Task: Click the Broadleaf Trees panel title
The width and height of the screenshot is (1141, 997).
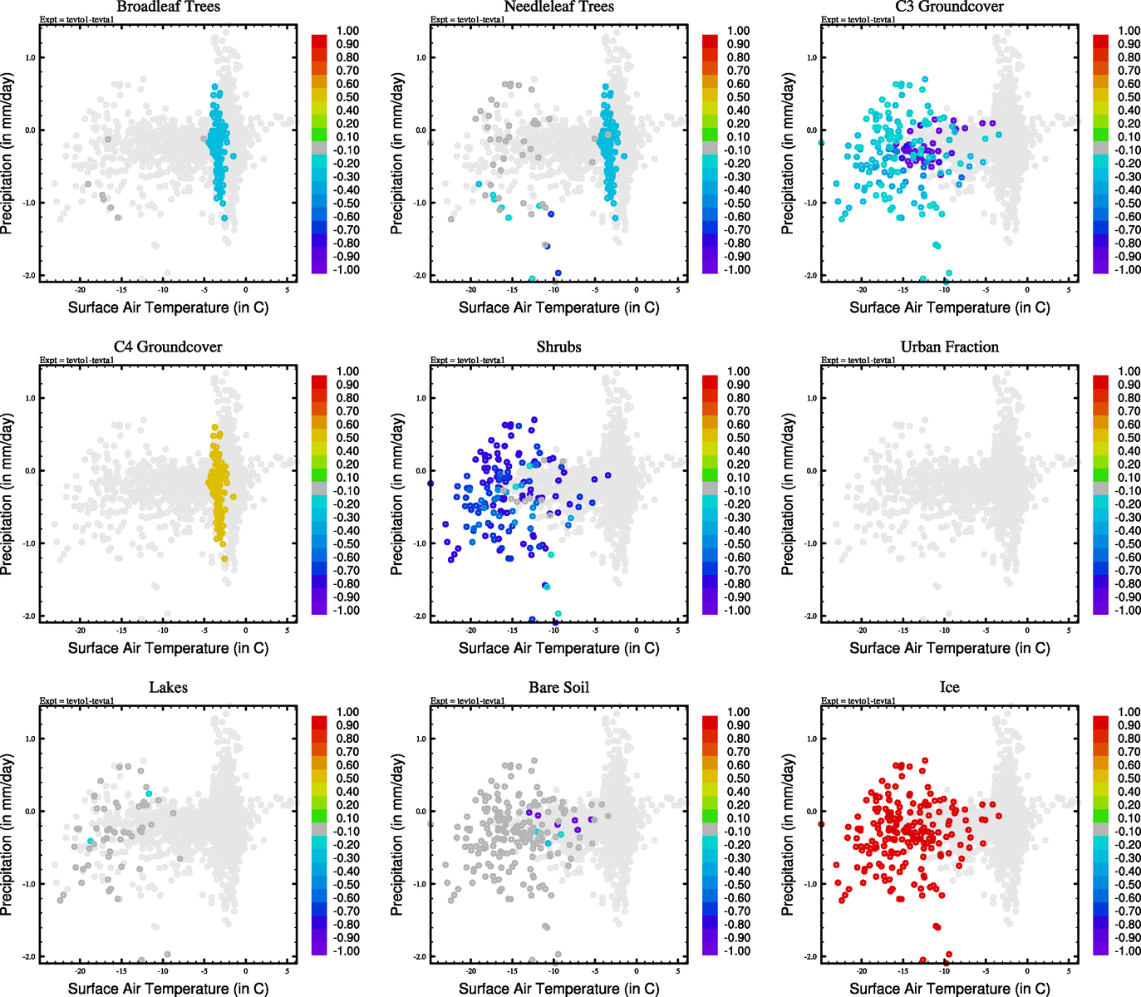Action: [x=168, y=7]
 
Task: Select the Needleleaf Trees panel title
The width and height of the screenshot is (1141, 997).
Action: [x=558, y=7]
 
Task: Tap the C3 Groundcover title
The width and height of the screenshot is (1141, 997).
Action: [x=949, y=7]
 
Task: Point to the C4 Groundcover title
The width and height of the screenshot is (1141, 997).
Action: [x=168, y=346]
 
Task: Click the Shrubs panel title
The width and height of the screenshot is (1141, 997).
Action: [x=558, y=346]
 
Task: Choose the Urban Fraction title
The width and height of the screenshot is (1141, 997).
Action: [x=949, y=346]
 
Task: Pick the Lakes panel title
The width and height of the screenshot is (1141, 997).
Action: [x=168, y=687]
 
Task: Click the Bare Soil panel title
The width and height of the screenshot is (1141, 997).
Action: [x=558, y=687]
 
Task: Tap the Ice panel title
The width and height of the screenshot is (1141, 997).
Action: [x=949, y=687]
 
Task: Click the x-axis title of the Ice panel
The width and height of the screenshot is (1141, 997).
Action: [x=949, y=988]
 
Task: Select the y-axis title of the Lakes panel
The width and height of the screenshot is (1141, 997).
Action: [x=7, y=834]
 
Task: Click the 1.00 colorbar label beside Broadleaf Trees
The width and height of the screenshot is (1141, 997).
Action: [x=347, y=31]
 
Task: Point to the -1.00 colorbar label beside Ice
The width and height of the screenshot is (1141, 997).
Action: [x=1128, y=950]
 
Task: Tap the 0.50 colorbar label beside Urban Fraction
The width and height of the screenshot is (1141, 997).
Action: [x=1129, y=438]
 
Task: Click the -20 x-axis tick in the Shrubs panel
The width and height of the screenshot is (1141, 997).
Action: [x=471, y=631]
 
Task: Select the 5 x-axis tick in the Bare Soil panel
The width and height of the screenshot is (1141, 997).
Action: [x=678, y=971]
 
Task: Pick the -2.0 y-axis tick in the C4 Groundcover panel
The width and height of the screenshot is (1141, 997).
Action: [x=29, y=616]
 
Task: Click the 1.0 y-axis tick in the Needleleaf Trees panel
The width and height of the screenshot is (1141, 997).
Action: [x=420, y=57]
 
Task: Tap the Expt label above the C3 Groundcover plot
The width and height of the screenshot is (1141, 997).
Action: [x=858, y=19]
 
